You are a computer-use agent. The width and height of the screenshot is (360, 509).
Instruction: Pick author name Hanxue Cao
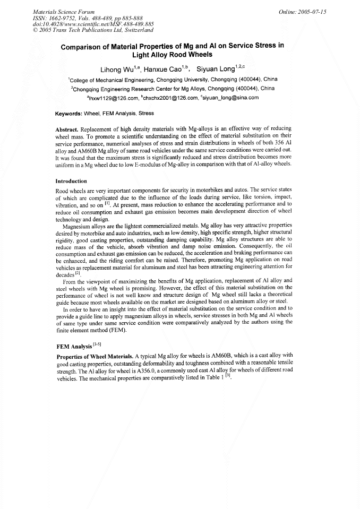[165, 70]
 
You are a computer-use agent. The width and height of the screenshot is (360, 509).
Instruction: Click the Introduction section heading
[75, 181]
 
